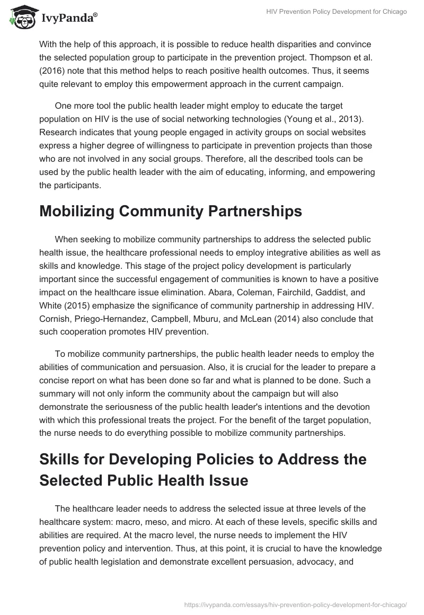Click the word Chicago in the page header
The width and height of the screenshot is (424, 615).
tap(392, 12)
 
